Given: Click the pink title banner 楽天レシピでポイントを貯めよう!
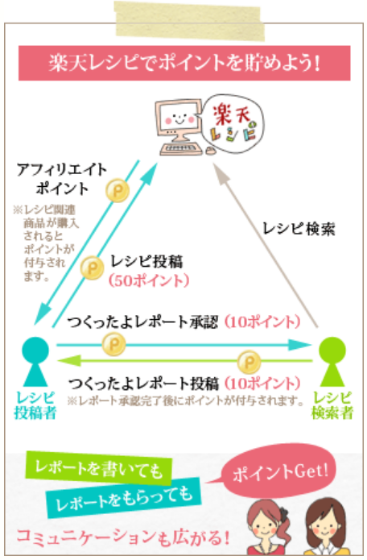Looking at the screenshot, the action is click(184, 63).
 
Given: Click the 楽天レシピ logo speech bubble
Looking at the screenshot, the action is click(233, 123).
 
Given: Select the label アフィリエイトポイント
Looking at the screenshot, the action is click(62, 179).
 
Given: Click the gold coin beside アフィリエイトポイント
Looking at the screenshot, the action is click(118, 190).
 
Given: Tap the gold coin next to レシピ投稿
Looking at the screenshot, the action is click(92, 268).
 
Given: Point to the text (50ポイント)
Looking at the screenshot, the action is click(149, 280).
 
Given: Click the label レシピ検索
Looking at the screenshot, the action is click(299, 229).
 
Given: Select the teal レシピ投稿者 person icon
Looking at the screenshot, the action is click(35, 362).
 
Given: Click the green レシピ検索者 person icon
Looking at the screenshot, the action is click(332, 362).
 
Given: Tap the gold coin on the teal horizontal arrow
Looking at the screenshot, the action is click(113, 344).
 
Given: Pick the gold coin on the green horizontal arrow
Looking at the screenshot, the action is click(249, 362).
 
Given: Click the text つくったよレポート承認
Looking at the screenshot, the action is click(142, 322).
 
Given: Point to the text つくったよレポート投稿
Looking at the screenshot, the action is click(143, 384).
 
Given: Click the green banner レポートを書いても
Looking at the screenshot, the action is click(99, 469).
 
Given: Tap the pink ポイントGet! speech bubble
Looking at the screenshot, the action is click(279, 471).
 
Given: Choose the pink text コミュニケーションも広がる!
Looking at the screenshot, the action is click(122, 537).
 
